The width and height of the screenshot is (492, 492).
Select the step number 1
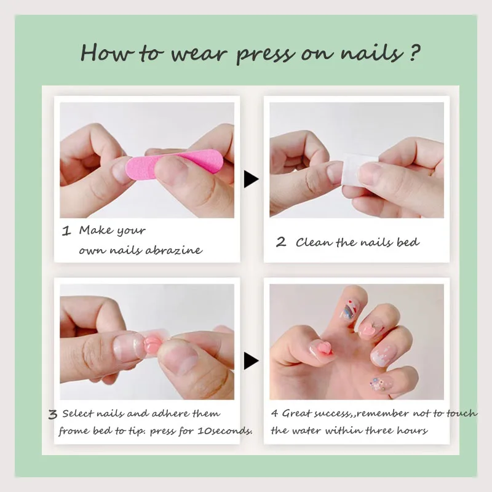coord(66,232)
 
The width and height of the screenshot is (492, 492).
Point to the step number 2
coord(281,242)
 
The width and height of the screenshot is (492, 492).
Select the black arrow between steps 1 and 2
coord(251,180)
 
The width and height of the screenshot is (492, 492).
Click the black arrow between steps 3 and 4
coord(251,360)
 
